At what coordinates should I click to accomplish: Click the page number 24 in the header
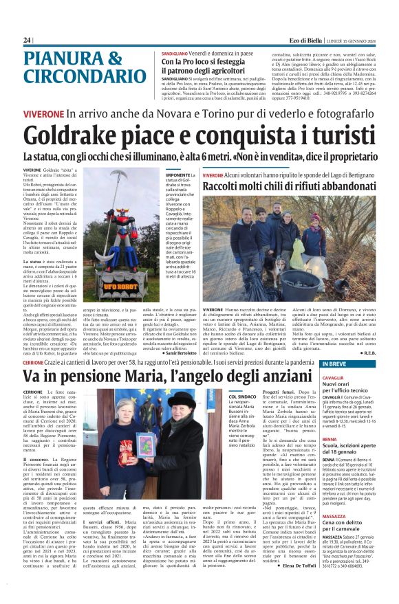27,41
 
